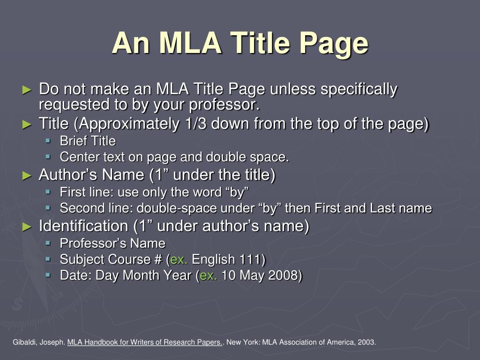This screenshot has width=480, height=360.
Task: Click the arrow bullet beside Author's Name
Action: click(x=27, y=176)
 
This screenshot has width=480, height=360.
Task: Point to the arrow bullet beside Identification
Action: click(x=27, y=227)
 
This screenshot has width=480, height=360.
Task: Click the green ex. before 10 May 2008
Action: click(x=208, y=275)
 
